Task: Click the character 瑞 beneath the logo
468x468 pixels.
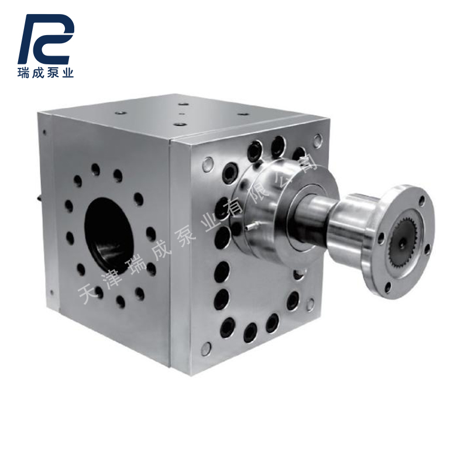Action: coord(25,74)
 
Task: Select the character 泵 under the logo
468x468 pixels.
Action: coord(53,74)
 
